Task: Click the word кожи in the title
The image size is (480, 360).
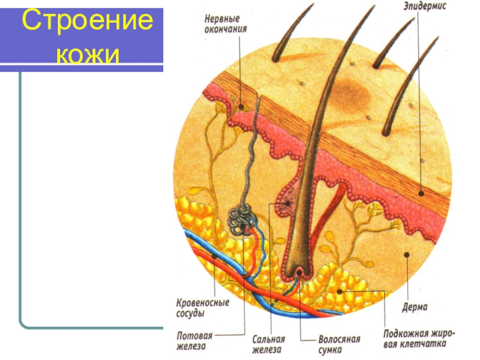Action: point(87,56)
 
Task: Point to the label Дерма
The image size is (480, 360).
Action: point(415,307)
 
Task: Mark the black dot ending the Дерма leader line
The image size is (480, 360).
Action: point(406,254)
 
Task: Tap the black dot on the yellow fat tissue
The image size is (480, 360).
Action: point(340,292)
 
